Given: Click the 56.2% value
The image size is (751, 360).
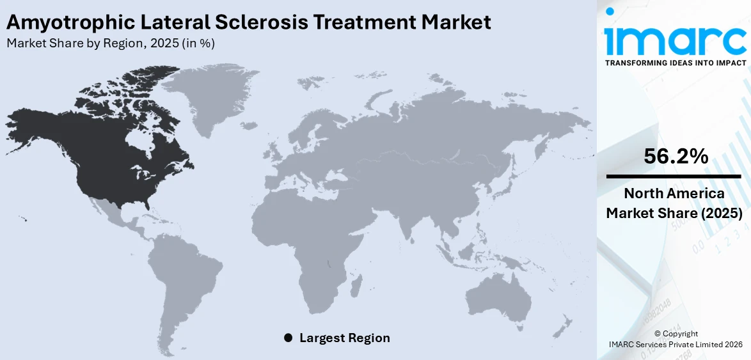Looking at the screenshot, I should tap(676, 156).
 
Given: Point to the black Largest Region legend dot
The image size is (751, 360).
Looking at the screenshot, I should tap(288, 338).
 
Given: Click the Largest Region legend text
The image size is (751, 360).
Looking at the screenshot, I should tap(344, 338).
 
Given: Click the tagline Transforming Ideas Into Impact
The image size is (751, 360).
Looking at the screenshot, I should tap(675, 63).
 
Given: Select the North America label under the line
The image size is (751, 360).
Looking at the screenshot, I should tap(675, 194).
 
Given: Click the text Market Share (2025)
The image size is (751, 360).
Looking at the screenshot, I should tap(675, 214).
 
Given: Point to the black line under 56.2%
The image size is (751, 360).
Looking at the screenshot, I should tap(675, 176).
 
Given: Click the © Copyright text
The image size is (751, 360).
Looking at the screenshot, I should tap(676, 334).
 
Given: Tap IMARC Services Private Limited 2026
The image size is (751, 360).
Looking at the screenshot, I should tap(676, 345).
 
